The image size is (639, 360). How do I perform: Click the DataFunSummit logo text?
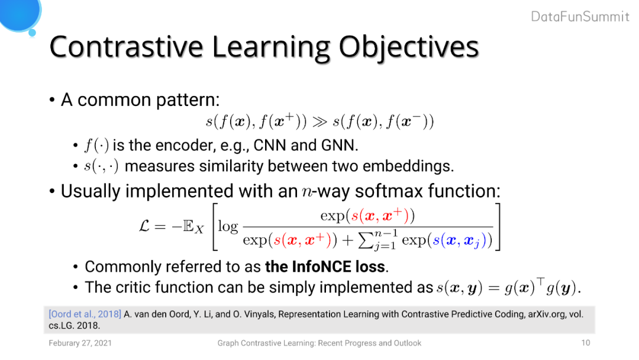click(x=580, y=17)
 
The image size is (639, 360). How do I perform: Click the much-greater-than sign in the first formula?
click(x=320, y=121)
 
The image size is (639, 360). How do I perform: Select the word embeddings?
click(x=408, y=166)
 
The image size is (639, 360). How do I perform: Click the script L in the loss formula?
click(x=144, y=226)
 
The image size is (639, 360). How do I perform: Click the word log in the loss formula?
click(x=228, y=226)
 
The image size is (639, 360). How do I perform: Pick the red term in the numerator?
click(x=380, y=216)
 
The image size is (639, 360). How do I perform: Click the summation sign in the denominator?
click(x=366, y=241)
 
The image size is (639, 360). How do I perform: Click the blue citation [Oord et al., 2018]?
click(x=85, y=314)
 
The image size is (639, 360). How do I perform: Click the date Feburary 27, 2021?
click(x=80, y=343)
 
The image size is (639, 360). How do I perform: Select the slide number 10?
click(x=586, y=343)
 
